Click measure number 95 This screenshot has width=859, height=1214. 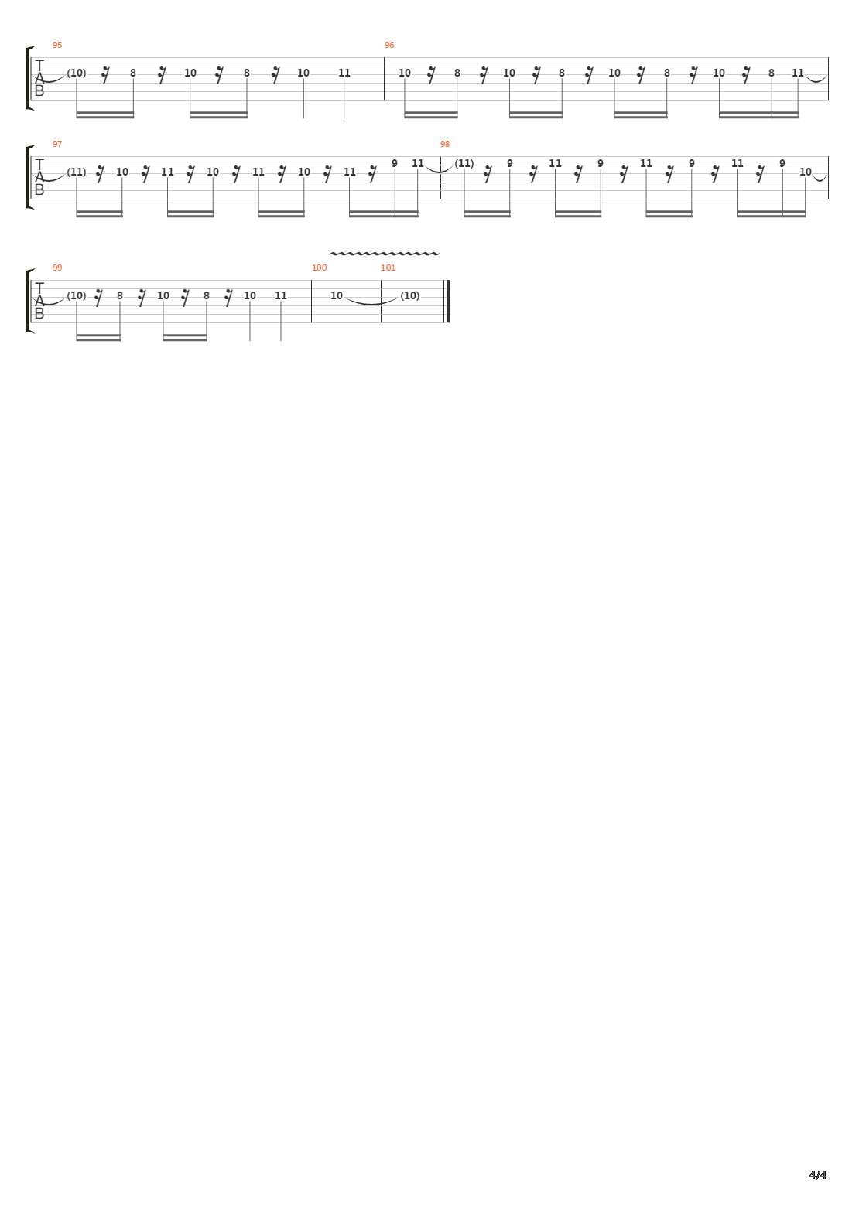coord(57,45)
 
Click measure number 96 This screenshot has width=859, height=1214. coord(388,45)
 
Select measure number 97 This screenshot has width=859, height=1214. coord(57,144)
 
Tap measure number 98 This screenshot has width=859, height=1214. coord(445,144)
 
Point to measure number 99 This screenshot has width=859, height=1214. coord(57,268)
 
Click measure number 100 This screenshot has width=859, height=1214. coord(320,268)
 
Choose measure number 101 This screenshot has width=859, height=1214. coord(388,268)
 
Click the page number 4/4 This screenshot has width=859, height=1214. coord(817,1175)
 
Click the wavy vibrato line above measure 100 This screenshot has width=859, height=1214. coord(384,253)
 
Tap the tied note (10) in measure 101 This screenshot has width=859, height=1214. coord(410,295)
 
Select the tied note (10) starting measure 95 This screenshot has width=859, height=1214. coord(77,73)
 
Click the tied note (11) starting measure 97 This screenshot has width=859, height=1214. coord(77,172)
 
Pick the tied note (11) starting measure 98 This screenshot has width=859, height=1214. coord(464,163)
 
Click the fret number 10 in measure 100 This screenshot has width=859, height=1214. coord(337,295)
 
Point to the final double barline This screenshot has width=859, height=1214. coord(447,302)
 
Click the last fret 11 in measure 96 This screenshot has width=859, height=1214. coord(798,73)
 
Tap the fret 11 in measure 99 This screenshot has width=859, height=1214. coord(280,295)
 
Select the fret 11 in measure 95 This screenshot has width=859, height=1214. coord(344,73)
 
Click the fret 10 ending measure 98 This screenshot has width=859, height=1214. coord(806,172)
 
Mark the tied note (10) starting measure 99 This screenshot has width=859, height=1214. coord(77,295)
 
